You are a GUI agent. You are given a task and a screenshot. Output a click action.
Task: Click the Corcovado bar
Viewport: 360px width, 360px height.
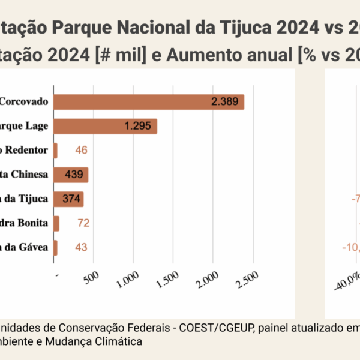click(149, 101)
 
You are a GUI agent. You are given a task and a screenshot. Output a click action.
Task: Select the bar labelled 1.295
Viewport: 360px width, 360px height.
click(105, 126)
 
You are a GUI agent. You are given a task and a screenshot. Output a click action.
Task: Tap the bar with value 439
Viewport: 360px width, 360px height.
click(71, 175)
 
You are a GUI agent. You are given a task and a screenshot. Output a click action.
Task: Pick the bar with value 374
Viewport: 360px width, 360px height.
click(68, 199)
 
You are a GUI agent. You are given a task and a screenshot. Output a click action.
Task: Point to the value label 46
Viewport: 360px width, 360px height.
click(81, 150)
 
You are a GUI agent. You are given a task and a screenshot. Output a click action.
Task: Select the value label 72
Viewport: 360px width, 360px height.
click(83, 223)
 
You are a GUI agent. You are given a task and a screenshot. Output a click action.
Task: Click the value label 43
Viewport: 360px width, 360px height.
click(81, 247)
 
